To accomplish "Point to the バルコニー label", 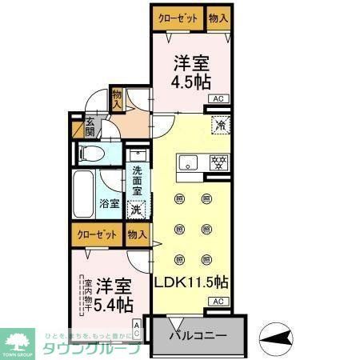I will coord(198,334).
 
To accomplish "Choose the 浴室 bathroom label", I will coord(110,203).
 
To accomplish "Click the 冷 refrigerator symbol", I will coord(217,126).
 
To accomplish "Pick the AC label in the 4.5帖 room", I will coord(217,98).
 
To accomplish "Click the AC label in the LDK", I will coord(217,302).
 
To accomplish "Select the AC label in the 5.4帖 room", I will coord(137,328).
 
